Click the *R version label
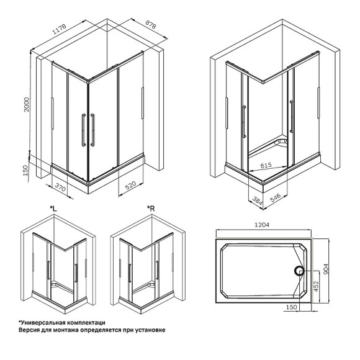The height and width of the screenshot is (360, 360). [150, 208]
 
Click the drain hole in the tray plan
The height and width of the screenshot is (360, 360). [299, 271]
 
